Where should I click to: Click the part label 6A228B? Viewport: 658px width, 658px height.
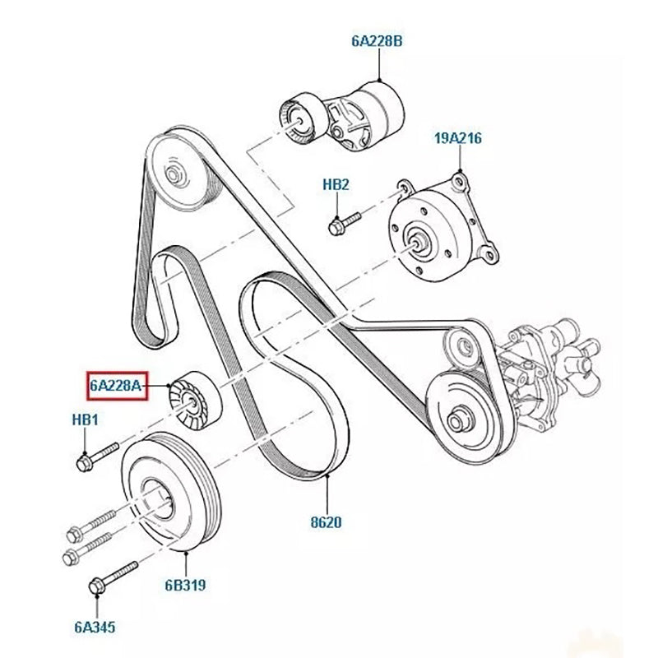378,39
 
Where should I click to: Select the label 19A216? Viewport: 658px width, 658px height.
457,140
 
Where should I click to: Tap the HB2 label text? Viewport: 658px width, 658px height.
336,185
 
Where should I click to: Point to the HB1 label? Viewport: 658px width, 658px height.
85,420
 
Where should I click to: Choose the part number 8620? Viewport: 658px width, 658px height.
327,521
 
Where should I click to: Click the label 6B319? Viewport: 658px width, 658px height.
185,586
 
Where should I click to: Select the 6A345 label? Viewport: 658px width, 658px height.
95,628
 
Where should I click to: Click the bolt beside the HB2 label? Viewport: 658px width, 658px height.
344,220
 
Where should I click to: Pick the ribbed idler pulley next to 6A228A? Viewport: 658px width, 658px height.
191,401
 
